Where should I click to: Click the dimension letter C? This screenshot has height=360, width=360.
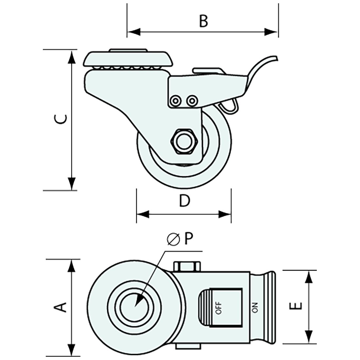tap(61, 119)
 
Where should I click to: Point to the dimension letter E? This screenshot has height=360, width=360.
tap(297, 307)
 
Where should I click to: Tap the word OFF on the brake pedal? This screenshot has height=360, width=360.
tap(219, 307)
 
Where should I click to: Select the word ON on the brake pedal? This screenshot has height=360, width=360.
tap(256, 307)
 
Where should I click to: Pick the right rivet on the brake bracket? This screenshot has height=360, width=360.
tap(192, 100)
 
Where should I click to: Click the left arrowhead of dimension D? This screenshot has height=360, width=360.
tap(143, 214)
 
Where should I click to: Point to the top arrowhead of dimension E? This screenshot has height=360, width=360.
tap(308, 277)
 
